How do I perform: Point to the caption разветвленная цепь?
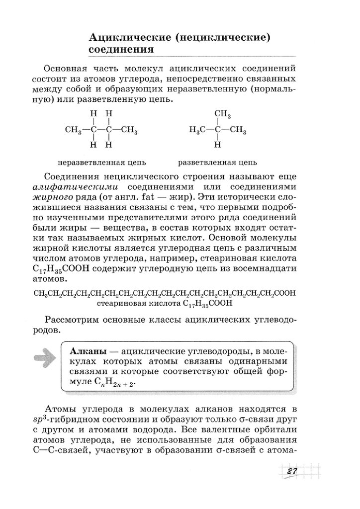(217, 163)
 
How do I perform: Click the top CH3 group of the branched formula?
(222, 115)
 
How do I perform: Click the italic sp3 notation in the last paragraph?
(51, 420)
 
